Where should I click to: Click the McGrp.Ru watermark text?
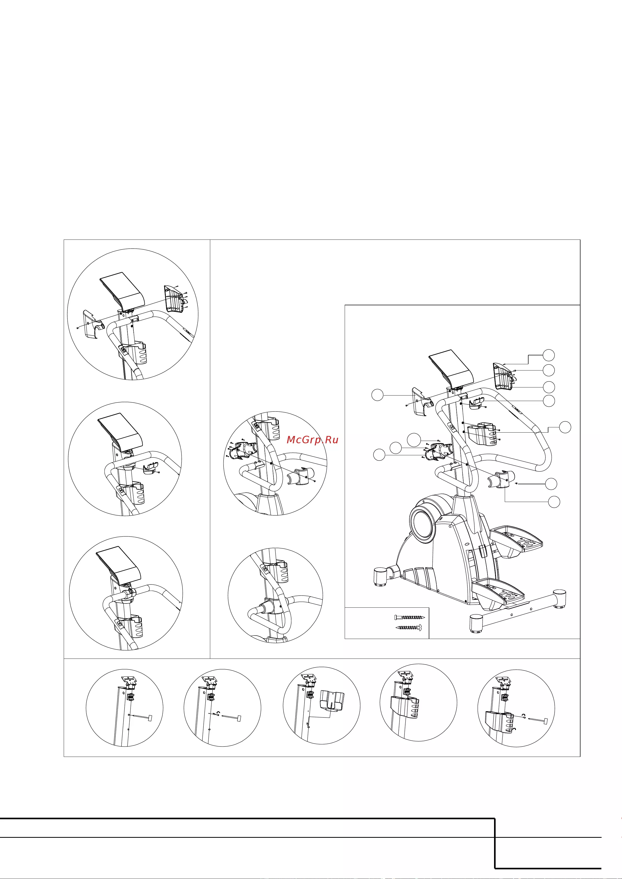click(312, 440)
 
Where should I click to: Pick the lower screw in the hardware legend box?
click(409, 627)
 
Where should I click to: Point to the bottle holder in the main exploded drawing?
click(482, 434)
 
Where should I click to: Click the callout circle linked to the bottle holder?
click(565, 427)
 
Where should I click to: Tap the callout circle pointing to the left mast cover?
click(378, 395)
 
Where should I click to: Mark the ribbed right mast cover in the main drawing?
click(502, 376)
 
